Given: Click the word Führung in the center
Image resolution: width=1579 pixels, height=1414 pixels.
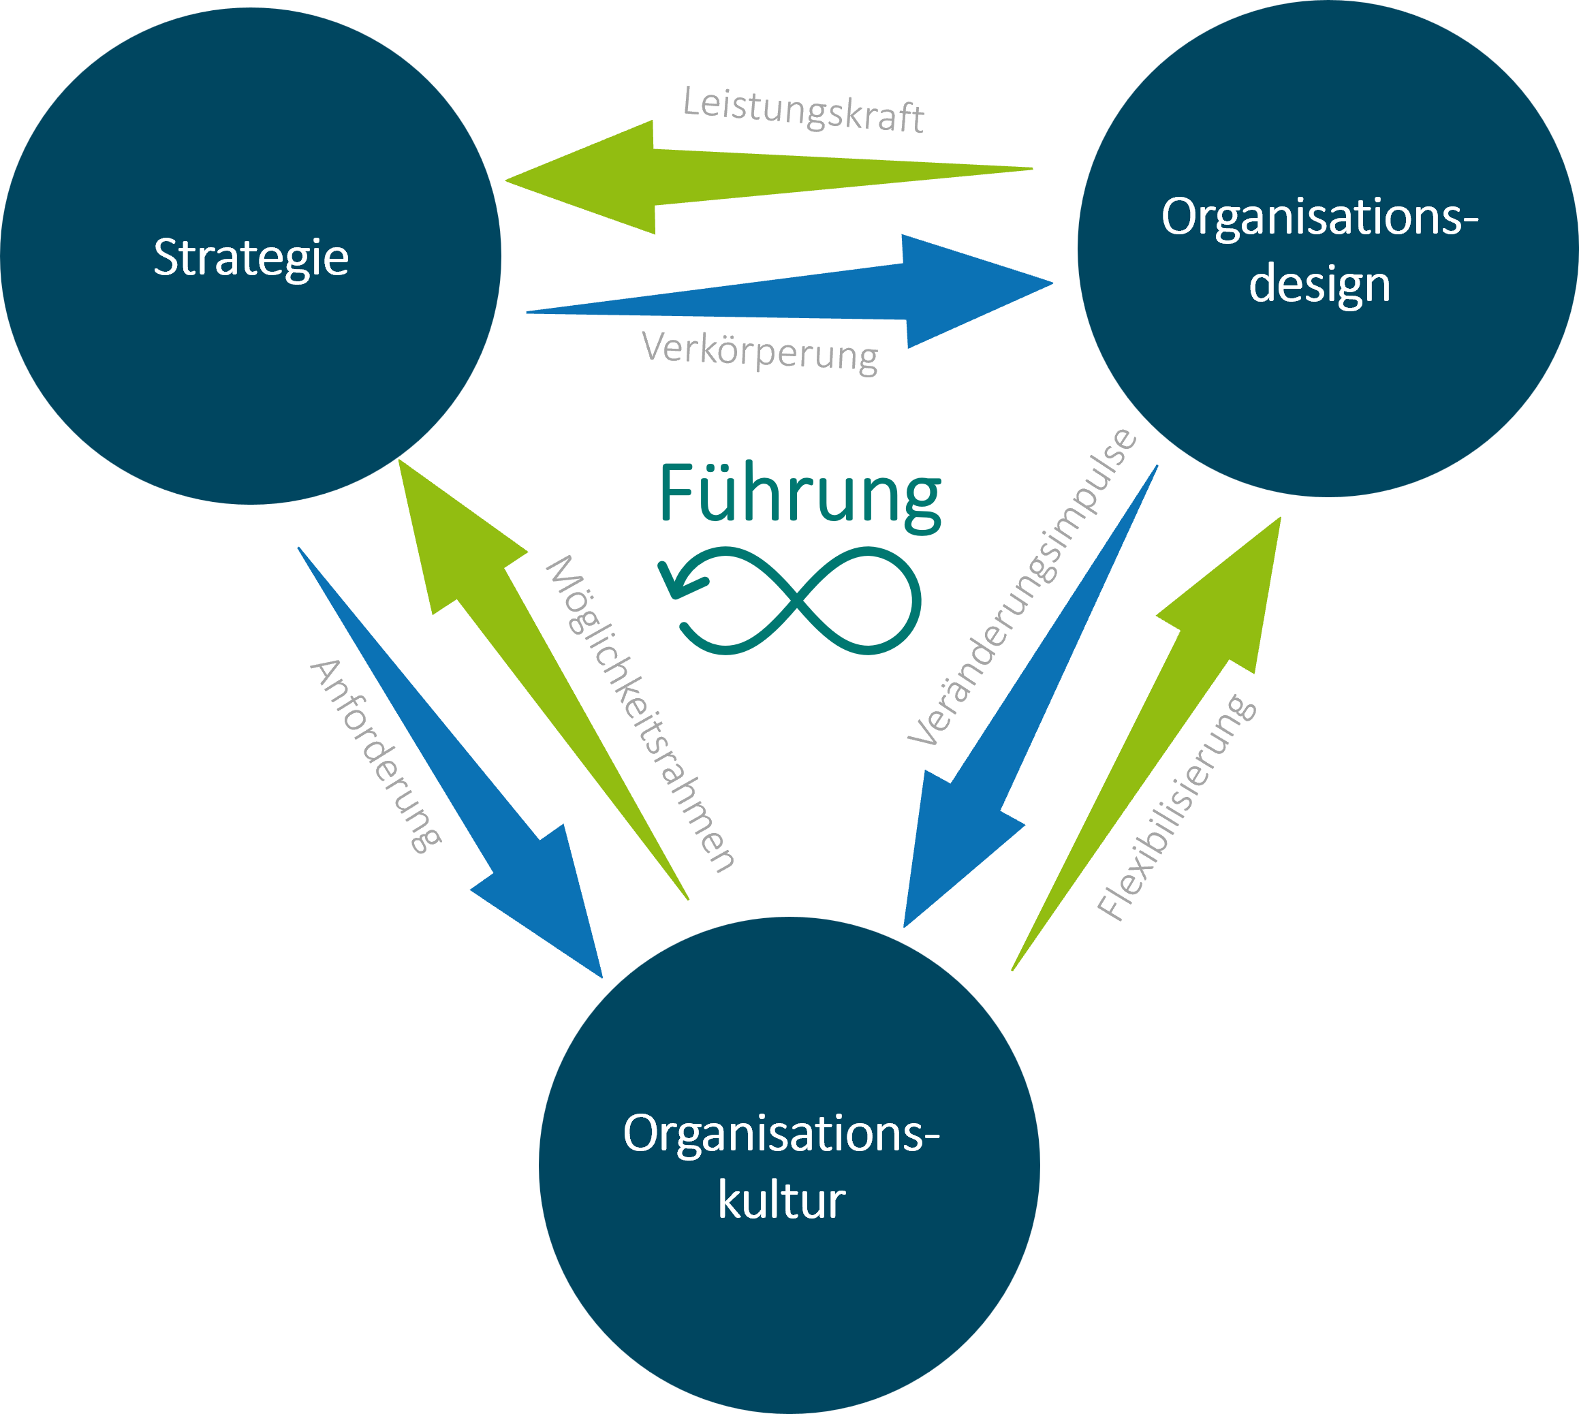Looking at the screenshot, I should pyautogui.click(x=800, y=494).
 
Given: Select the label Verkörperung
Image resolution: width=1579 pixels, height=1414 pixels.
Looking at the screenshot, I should pyautogui.click(x=760, y=352).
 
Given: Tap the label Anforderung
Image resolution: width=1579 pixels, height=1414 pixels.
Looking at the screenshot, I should pyautogui.click(x=376, y=756).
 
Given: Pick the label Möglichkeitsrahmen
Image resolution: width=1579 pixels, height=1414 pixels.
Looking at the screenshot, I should pyautogui.click(x=640, y=714).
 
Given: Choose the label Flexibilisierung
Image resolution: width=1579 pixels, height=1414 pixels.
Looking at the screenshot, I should pyautogui.click(x=1176, y=807).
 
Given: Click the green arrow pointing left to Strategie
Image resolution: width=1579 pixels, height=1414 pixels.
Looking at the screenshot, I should pyautogui.click(x=700, y=177).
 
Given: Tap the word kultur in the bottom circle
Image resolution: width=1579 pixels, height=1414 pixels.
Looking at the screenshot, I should pyautogui.click(x=781, y=1201).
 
